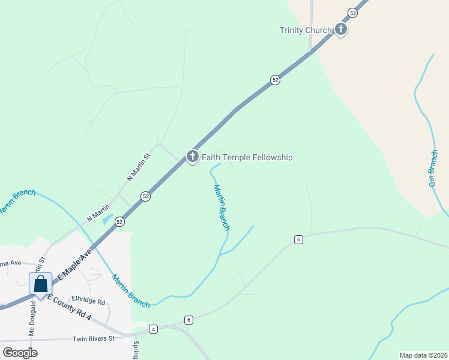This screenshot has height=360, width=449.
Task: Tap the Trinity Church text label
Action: pos(306,31)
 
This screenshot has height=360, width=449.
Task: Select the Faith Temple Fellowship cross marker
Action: pos(193,157)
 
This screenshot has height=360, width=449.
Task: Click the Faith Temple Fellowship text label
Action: pos(247,157)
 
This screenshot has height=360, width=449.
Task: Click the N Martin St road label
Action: pos(138,167)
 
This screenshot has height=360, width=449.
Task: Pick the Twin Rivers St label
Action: pos(93,339)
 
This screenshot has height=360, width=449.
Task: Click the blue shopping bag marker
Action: pos(40,284)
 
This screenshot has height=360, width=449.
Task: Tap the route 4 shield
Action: pos(154,329)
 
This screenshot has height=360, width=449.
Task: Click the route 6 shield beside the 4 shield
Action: pos(188,320)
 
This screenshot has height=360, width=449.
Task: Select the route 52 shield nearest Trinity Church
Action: pos(352,13)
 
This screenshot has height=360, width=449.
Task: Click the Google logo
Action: pos(20,352)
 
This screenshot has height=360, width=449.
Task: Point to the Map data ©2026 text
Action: pos(423,355)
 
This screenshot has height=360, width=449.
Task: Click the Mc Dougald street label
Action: pos(32,318)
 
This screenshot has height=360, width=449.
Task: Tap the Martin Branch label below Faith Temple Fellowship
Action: pos(221,207)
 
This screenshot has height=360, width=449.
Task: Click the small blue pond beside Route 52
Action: pos(108,220)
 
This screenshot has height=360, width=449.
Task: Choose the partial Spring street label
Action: pos(136,350)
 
